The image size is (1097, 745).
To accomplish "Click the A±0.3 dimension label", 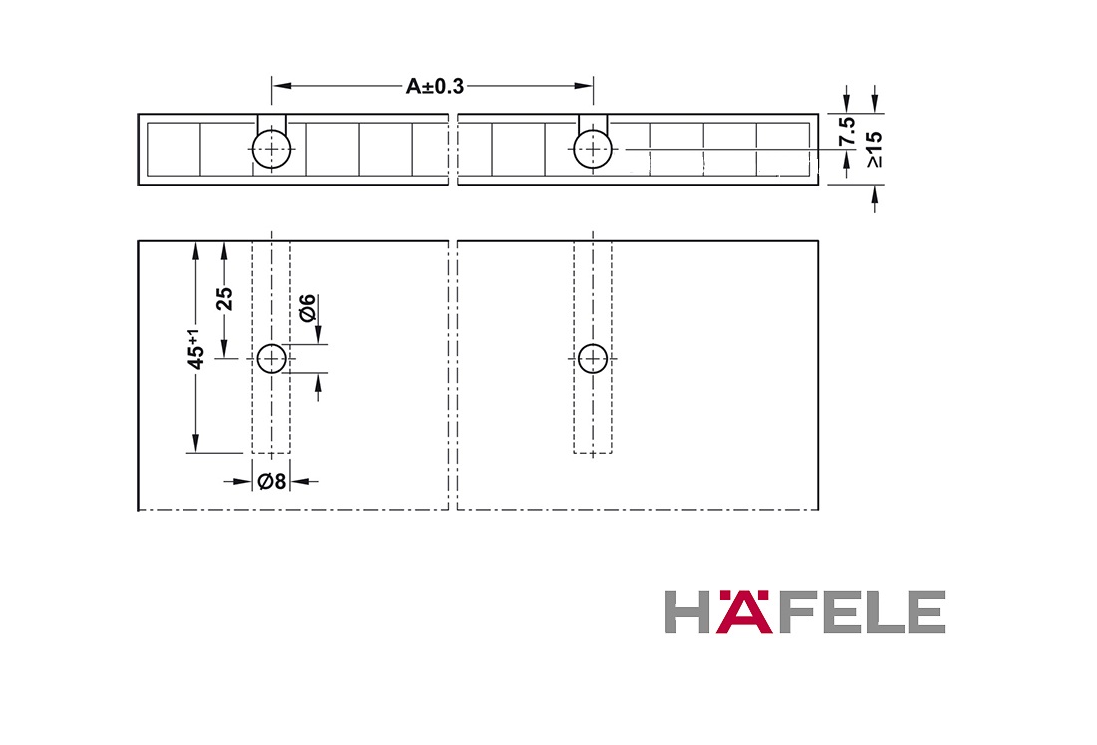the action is click(435, 86).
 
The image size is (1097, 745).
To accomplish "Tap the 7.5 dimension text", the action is click(848, 131).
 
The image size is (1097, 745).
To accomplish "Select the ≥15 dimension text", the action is click(874, 149).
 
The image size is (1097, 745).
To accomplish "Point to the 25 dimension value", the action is click(225, 299).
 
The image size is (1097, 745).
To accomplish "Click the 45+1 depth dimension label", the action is click(196, 349).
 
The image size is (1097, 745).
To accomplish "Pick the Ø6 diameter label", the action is click(307, 308).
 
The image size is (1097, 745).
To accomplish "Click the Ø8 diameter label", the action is click(272, 482).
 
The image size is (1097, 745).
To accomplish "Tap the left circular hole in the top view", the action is click(271, 149).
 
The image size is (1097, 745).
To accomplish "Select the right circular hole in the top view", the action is click(593, 149).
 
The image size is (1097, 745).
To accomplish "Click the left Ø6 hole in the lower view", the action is click(271, 359).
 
